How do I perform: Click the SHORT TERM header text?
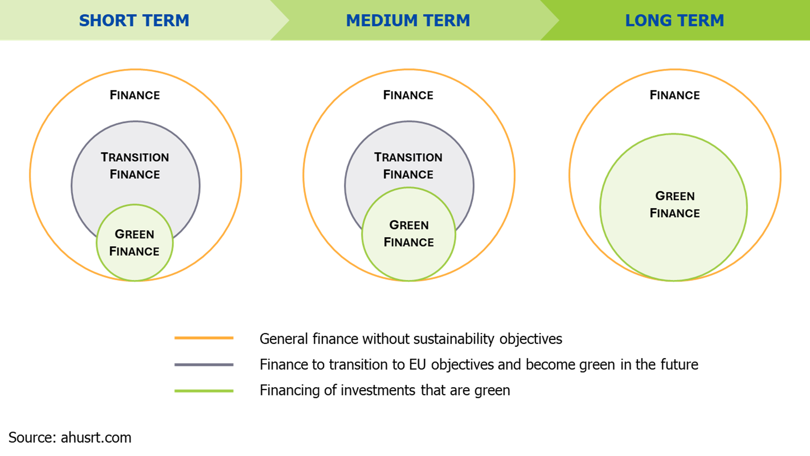pyautogui.click(x=134, y=21)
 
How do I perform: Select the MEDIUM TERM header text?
pyautogui.click(x=408, y=21)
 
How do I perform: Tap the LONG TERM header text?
pyautogui.click(x=674, y=21)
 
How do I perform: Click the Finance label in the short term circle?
pyautogui.click(x=135, y=95)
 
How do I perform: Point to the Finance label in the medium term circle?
pyautogui.click(x=408, y=95)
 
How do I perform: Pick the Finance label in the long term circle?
pyautogui.click(x=675, y=95)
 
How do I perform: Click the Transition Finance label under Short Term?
pyautogui.click(x=135, y=166)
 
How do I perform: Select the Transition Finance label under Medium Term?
pyautogui.click(x=408, y=166)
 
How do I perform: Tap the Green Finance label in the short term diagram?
pyautogui.click(x=134, y=243)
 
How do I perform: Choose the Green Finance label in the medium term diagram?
pyautogui.click(x=409, y=233)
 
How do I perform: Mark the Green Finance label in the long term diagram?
pyautogui.click(x=675, y=205)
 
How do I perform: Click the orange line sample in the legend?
pyautogui.click(x=204, y=338)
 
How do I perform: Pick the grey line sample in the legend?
pyautogui.click(x=204, y=364)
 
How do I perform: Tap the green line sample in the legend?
pyautogui.click(x=204, y=391)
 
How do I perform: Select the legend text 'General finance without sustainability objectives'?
pyautogui.click(x=411, y=339)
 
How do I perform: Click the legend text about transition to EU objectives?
pyautogui.click(x=479, y=365)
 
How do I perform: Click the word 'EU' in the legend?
pyautogui.click(x=418, y=365)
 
